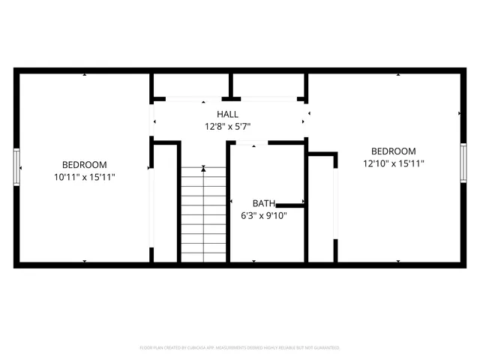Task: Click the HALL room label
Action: (228, 114)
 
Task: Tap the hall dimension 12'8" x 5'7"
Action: (228, 126)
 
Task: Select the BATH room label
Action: (263, 203)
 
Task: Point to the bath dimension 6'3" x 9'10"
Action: (263, 215)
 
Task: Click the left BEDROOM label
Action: (84, 165)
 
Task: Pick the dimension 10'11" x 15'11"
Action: (84, 177)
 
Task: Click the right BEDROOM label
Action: (394, 151)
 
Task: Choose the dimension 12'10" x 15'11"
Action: (394, 163)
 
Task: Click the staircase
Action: (203, 214)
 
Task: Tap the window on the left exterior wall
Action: (16, 166)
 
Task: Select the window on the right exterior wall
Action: (463, 163)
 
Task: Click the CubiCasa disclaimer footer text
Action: (240, 348)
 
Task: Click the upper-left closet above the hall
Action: (190, 85)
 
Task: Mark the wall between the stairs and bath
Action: (228, 202)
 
